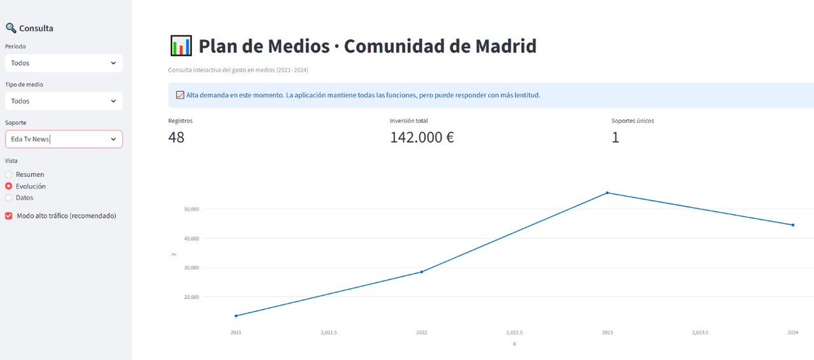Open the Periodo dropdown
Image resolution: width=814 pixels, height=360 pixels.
pyautogui.click(x=63, y=63)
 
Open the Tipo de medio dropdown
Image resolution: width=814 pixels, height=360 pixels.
pyautogui.click(x=63, y=101)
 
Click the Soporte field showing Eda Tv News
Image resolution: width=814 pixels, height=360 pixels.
pyautogui.click(x=63, y=139)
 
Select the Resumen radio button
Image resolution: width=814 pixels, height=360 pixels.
pyautogui.click(x=9, y=174)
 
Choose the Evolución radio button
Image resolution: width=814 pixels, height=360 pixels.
pyautogui.click(x=9, y=186)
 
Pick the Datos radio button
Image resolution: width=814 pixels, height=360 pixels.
pyautogui.click(x=9, y=197)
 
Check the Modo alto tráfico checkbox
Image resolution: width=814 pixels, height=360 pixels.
pyautogui.click(x=9, y=216)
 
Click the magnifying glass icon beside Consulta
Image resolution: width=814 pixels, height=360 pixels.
pyautogui.click(x=10, y=28)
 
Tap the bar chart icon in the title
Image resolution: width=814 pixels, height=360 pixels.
pyautogui.click(x=180, y=46)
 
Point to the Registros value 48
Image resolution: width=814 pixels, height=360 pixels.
pyautogui.click(x=176, y=138)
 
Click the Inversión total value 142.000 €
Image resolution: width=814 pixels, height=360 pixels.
pyautogui.click(x=422, y=138)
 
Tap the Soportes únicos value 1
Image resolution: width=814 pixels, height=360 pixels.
pyautogui.click(x=615, y=138)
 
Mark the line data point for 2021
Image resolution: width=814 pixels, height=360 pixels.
pyautogui.click(x=236, y=316)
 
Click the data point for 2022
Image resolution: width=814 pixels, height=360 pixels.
pyautogui.click(x=422, y=272)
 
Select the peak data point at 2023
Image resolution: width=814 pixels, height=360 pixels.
pyautogui.click(x=607, y=193)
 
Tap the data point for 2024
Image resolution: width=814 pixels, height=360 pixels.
pyautogui.click(x=793, y=225)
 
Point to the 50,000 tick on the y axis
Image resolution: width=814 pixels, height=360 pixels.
pyautogui.click(x=191, y=209)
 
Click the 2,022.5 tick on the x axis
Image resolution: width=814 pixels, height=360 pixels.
pyautogui.click(x=514, y=333)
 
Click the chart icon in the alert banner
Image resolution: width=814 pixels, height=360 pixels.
pyautogui.click(x=180, y=96)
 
